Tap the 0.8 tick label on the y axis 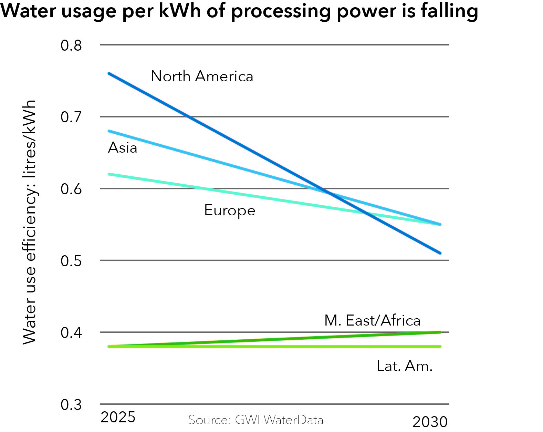click(x=71, y=45)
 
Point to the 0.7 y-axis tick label click(x=71, y=117)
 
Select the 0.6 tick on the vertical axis click(x=71, y=189)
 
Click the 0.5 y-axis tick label click(x=71, y=261)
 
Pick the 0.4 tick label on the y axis click(x=71, y=332)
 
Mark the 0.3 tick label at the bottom click(x=71, y=404)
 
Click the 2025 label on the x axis click(x=118, y=417)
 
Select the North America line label click(x=202, y=76)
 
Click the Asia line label click(x=123, y=148)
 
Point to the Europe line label click(x=230, y=210)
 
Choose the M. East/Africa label click(x=372, y=320)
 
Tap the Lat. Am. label click(x=404, y=366)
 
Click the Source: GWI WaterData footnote click(x=255, y=420)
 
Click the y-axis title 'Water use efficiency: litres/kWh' click(x=30, y=222)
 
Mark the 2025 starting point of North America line click(x=109, y=73)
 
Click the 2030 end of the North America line click(x=440, y=253)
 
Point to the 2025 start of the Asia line click(x=109, y=131)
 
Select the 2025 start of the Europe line click(x=109, y=174)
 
